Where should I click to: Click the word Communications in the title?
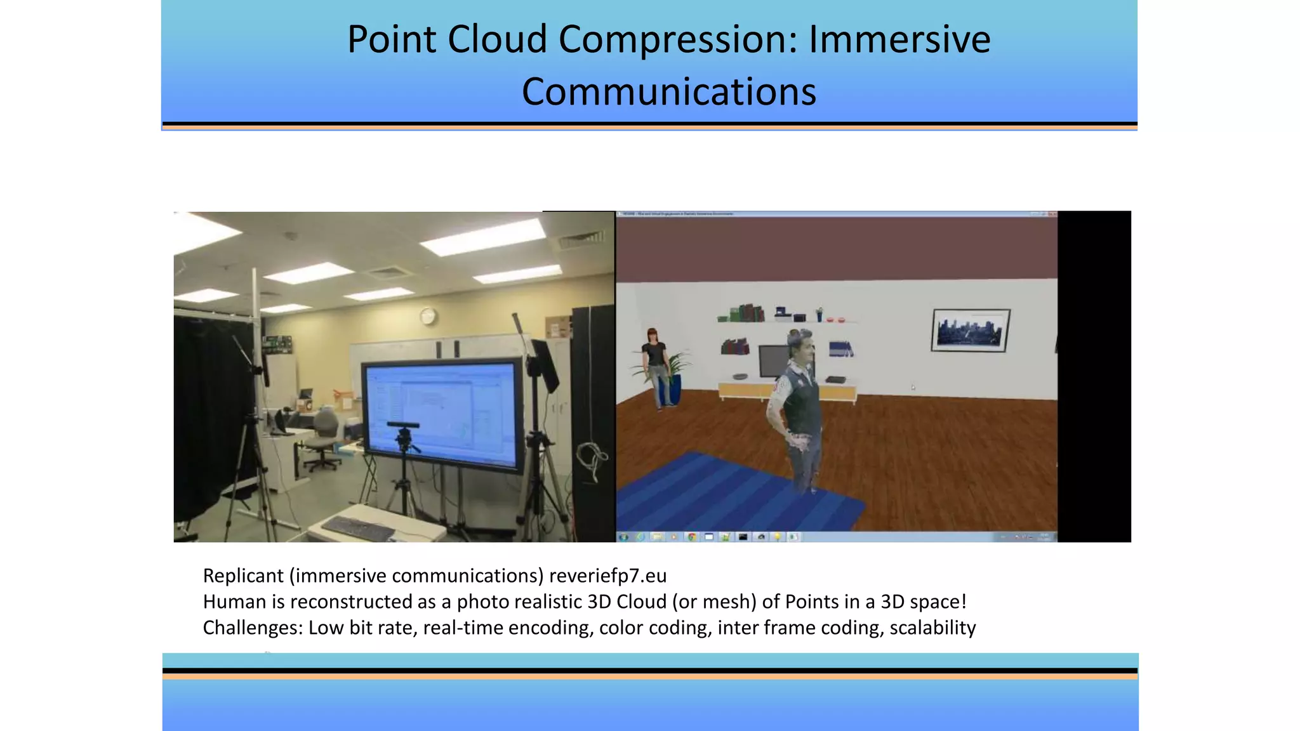click(668, 92)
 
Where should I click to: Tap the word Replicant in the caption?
click(243, 576)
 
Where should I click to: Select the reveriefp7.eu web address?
click(607, 576)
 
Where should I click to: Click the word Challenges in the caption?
click(253, 628)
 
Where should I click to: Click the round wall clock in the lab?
click(428, 315)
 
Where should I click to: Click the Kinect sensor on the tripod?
click(402, 425)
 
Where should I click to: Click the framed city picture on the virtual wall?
click(970, 330)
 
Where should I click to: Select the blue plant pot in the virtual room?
click(673, 389)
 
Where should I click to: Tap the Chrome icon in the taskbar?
click(691, 537)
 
